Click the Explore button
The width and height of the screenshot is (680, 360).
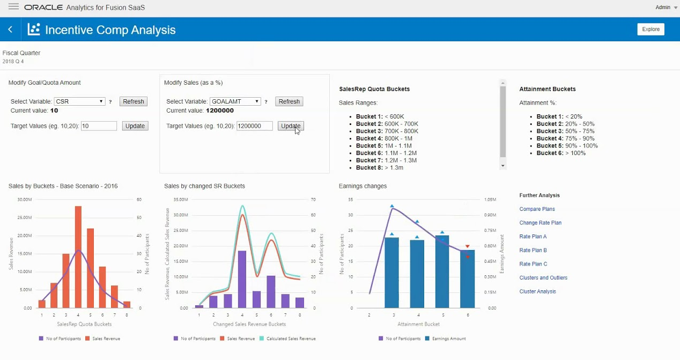651,30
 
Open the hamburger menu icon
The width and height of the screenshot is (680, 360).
14,7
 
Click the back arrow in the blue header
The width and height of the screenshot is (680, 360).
10,30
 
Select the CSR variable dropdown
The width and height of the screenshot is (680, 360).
79,101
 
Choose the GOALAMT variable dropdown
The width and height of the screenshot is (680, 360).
235,101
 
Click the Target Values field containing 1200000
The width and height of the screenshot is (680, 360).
254,126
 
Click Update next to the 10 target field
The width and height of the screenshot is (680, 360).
135,126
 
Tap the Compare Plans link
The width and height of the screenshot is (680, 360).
537,209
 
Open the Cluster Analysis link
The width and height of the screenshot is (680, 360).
537,292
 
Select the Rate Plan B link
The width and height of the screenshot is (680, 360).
533,251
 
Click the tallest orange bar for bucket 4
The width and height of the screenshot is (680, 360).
78,258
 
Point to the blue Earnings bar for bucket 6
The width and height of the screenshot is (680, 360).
467,279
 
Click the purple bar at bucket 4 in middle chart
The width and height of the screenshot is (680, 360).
242,279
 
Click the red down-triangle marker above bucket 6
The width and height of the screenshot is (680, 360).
468,247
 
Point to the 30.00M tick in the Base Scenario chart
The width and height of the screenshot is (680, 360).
25,200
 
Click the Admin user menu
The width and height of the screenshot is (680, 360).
663,8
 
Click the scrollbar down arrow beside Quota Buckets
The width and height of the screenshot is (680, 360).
502,166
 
